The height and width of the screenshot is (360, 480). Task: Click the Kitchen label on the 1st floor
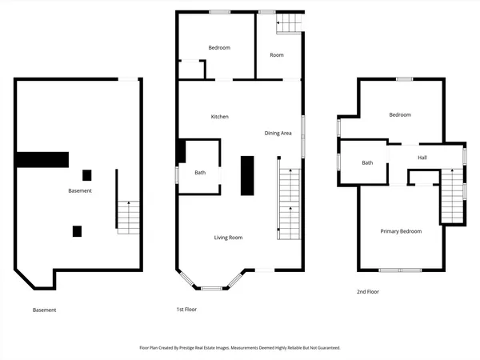click(220, 117)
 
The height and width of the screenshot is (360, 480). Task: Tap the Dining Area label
click(278, 133)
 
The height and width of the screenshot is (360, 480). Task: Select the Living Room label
click(228, 238)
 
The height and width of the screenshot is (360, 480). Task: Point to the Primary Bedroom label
click(401, 231)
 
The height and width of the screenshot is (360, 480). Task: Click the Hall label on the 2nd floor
click(422, 158)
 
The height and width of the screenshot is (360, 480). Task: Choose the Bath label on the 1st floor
click(200, 173)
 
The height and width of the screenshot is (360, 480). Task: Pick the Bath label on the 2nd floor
click(367, 163)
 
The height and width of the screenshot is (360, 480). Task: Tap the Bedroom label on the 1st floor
click(219, 48)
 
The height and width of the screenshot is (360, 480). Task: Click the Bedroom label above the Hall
click(400, 115)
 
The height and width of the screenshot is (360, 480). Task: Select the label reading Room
click(277, 55)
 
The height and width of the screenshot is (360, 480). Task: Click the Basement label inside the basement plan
click(80, 190)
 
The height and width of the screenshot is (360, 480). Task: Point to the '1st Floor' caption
click(186, 309)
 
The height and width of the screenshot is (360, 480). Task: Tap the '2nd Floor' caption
click(368, 292)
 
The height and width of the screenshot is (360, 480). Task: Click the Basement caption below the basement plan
click(45, 310)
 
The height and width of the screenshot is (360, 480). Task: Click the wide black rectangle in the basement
click(42, 160)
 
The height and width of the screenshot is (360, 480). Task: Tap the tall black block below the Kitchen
click(247, 175)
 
